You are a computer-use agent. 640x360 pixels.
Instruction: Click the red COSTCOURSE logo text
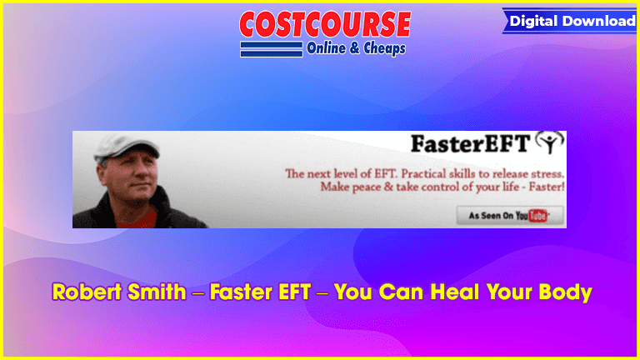[x=325, y=24]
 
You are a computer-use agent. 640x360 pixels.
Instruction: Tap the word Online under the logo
[x=326, y=48]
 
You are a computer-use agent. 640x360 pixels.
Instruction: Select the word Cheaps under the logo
[x=384, y=48]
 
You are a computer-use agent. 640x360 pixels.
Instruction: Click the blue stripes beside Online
[x=272, y=49]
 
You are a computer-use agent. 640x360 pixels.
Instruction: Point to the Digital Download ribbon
[x=570, y=21]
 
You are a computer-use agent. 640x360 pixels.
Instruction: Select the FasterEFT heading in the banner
[x=470, y=143]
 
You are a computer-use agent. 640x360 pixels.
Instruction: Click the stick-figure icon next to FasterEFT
[x=549, y=142]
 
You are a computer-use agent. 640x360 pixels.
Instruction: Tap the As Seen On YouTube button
[x=510, y=216]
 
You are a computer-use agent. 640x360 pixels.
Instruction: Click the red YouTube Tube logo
[x=537, y=216]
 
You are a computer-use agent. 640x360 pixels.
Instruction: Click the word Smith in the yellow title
[x=157, y=292]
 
